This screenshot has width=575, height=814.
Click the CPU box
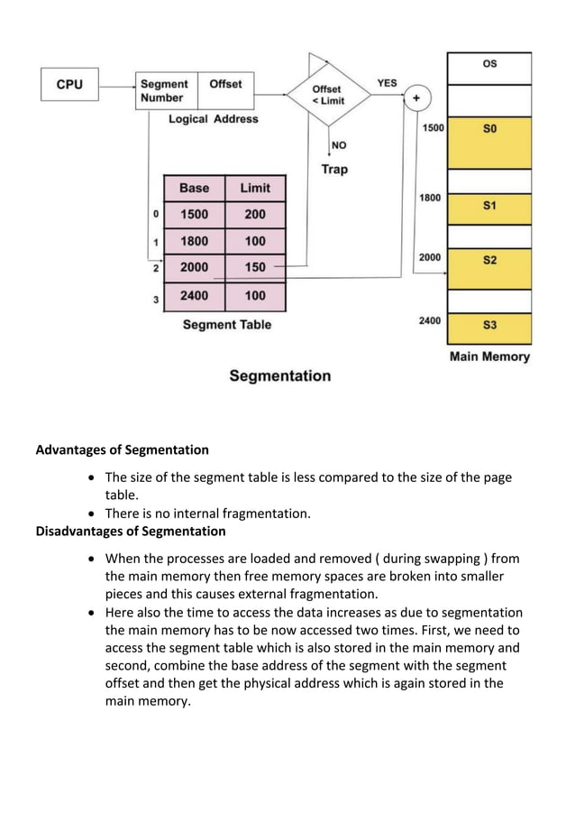coord(69,85)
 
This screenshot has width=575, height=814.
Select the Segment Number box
coord(165,90)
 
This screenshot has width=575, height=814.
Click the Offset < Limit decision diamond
coord(327,94)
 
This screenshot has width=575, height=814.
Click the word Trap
coord(333,169)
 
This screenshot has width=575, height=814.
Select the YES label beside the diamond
coord(387,83)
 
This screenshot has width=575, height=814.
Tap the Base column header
coord(194,188)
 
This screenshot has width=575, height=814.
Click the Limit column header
coord(255,188)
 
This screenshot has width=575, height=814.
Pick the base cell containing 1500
coord(194,215)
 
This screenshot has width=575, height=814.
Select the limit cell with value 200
coord(255,215)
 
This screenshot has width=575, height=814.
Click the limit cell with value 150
coord(255,268)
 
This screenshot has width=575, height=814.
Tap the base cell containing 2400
coord(194,295)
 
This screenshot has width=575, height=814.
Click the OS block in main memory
coord(489,65)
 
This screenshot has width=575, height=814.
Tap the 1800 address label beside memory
coord(430,197)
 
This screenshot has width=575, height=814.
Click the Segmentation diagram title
coord(279,375)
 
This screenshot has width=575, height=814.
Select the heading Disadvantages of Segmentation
coord(130,531)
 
